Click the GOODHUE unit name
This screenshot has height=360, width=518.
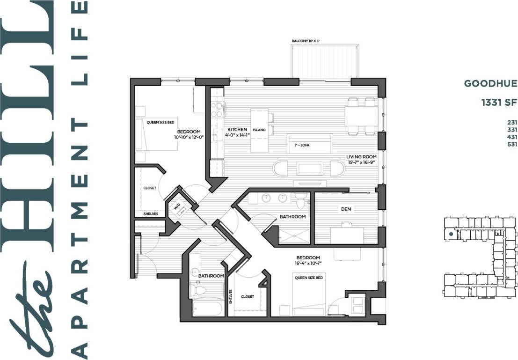[x=490, y=84]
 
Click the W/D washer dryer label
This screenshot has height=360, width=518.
[x=177, y=206]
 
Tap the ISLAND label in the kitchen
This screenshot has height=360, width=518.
[x=259, y=130]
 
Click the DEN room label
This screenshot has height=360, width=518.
[x=346, y=209]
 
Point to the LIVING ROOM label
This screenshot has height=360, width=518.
[x=361, y=157]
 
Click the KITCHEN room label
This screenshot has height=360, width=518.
[x=237, y=130]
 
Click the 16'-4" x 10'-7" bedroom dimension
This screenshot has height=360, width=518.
[x=308, y=264]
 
